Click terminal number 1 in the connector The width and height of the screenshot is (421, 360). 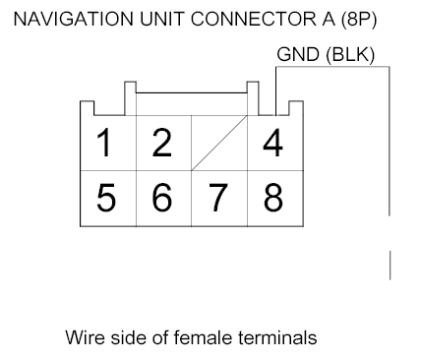tap(103, 144)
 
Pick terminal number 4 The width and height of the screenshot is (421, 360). tap(271, 144)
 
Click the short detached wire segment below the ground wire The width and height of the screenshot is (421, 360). tap(391, 265)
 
